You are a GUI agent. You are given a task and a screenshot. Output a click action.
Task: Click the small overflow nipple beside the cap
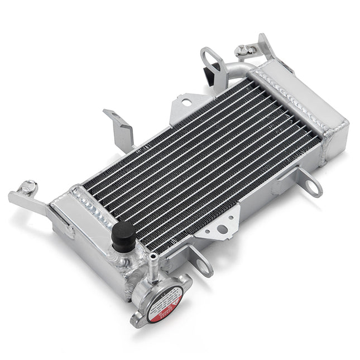coord(152,262)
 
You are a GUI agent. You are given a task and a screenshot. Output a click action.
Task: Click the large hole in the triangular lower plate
coord(222,229)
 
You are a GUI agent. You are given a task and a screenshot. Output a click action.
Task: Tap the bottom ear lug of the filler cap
coord(137,319)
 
